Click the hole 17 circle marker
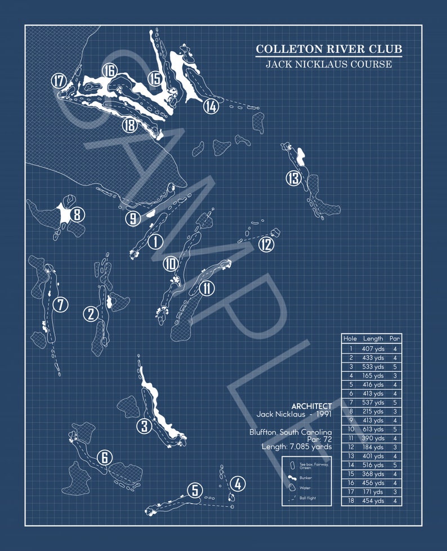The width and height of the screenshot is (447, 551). (59, 80)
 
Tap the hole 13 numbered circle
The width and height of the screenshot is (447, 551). (293, 178)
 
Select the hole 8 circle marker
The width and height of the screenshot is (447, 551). (77, 214)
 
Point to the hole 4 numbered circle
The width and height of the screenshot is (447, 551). (238, 483)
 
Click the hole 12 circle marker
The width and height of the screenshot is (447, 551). (266, 244)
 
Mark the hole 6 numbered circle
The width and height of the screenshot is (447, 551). (104, 458)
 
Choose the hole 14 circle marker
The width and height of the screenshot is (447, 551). (211, 106)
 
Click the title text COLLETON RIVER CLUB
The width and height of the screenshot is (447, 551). (329, 50)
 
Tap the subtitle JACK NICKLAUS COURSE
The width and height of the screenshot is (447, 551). (329, 64)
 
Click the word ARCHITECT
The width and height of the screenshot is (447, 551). (311, 406)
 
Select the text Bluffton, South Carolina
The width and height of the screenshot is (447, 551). (290, 432)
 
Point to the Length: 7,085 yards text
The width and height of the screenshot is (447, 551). (297, 446)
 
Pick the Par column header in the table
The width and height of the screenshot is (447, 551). (395, 339)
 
